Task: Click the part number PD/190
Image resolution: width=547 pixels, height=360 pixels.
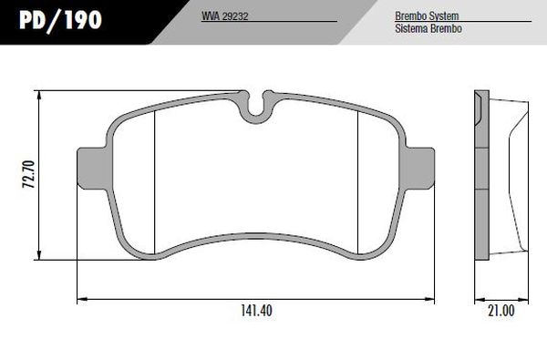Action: point(60,19)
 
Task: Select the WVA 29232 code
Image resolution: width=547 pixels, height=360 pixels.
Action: point(224,16)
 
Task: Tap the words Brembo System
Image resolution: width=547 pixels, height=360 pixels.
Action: point(427,16)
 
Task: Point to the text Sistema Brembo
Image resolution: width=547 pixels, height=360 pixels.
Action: point(428,28)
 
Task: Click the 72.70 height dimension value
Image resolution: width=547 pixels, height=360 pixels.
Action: point(28,174)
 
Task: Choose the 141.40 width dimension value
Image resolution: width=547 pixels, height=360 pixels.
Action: point(256,311)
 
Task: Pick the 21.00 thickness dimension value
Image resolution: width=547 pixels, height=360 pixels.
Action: point(501,311)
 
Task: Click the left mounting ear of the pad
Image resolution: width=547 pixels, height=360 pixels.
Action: point(91,169)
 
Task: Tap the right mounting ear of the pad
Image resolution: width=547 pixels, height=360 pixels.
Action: point(419,169)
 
